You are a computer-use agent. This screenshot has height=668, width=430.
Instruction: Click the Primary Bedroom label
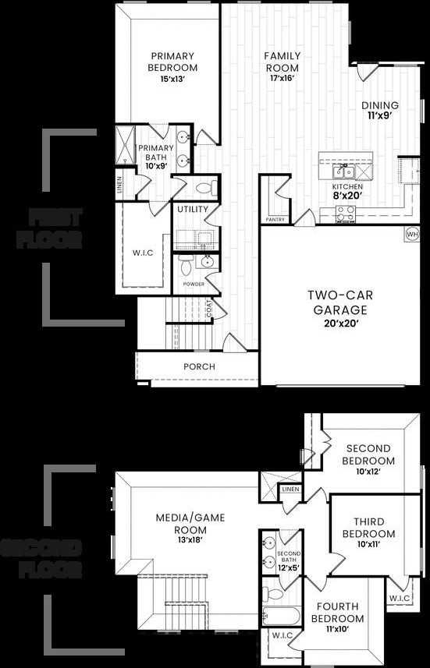pos(174,62)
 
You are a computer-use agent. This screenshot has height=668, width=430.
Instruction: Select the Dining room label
pos(379,110)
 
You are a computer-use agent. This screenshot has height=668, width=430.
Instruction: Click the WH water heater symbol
pos(412,233)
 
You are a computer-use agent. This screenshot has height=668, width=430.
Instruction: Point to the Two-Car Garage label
pos(337,302)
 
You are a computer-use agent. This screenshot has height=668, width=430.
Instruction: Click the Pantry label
pos(275,220)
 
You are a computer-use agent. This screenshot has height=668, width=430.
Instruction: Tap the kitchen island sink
pos(343,171)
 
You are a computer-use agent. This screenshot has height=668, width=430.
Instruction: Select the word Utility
pos(192,210)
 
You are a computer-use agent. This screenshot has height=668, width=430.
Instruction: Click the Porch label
pos(199,366)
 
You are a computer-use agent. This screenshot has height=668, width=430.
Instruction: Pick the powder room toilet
pos(186,267)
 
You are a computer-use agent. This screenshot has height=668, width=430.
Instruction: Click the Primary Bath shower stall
pos(125,145)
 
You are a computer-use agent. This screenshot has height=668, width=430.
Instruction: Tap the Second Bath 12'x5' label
pos(289,564)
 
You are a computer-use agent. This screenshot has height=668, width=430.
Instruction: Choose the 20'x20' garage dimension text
pos(337,323)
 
